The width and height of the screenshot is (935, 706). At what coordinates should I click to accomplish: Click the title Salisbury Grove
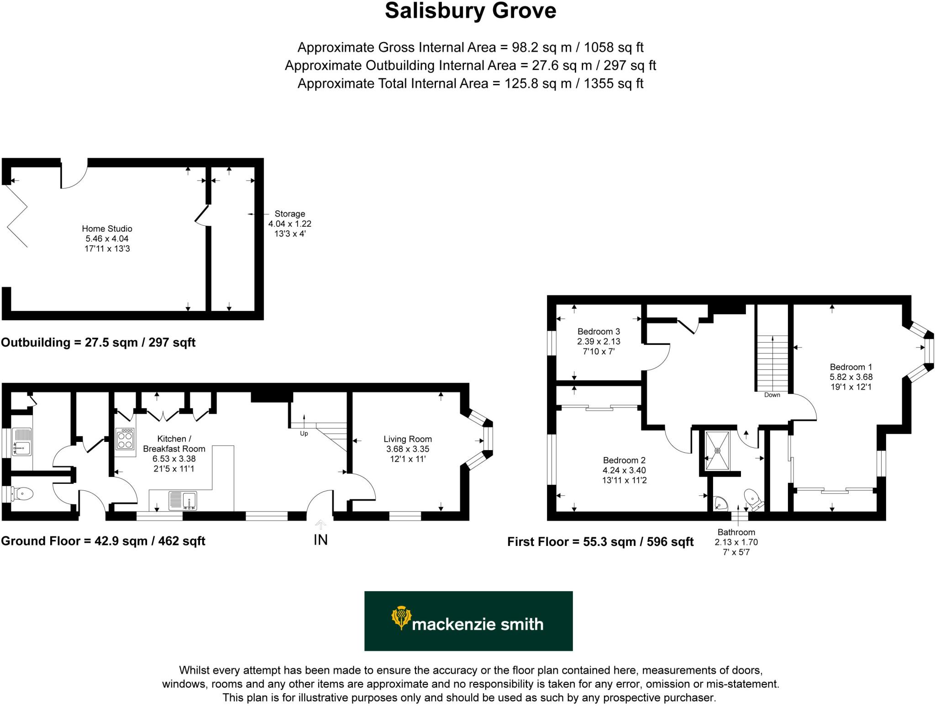point(470,11)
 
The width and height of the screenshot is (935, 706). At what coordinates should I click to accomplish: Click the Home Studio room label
point(107,228)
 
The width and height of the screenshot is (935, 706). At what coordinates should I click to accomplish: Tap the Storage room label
point(289,213)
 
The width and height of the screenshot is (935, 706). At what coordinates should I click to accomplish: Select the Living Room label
point(407,439)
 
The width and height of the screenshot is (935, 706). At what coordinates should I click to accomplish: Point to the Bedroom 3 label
point(599,332)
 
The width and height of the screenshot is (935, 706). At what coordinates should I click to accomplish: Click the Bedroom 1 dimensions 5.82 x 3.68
point(851,377)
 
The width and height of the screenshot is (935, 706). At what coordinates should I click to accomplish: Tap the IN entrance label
point(320,540)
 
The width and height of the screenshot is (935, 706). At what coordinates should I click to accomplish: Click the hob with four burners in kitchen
point(126,440)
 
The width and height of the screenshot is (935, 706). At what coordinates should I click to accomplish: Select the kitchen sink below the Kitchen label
point(183,500)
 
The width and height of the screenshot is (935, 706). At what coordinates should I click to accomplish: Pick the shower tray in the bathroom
point(717,450)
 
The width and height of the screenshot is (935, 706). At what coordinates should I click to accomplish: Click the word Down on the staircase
point(772,395)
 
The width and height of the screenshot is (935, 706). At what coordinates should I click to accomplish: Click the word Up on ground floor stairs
point(304,433)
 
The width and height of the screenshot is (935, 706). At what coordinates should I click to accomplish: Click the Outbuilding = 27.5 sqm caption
point(98,343)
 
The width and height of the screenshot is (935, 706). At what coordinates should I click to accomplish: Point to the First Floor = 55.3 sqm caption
point(600,542)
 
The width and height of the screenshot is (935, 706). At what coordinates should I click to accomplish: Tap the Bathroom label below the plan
point(736,532)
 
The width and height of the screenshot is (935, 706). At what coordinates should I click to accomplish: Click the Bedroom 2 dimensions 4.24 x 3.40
point(624,470)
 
